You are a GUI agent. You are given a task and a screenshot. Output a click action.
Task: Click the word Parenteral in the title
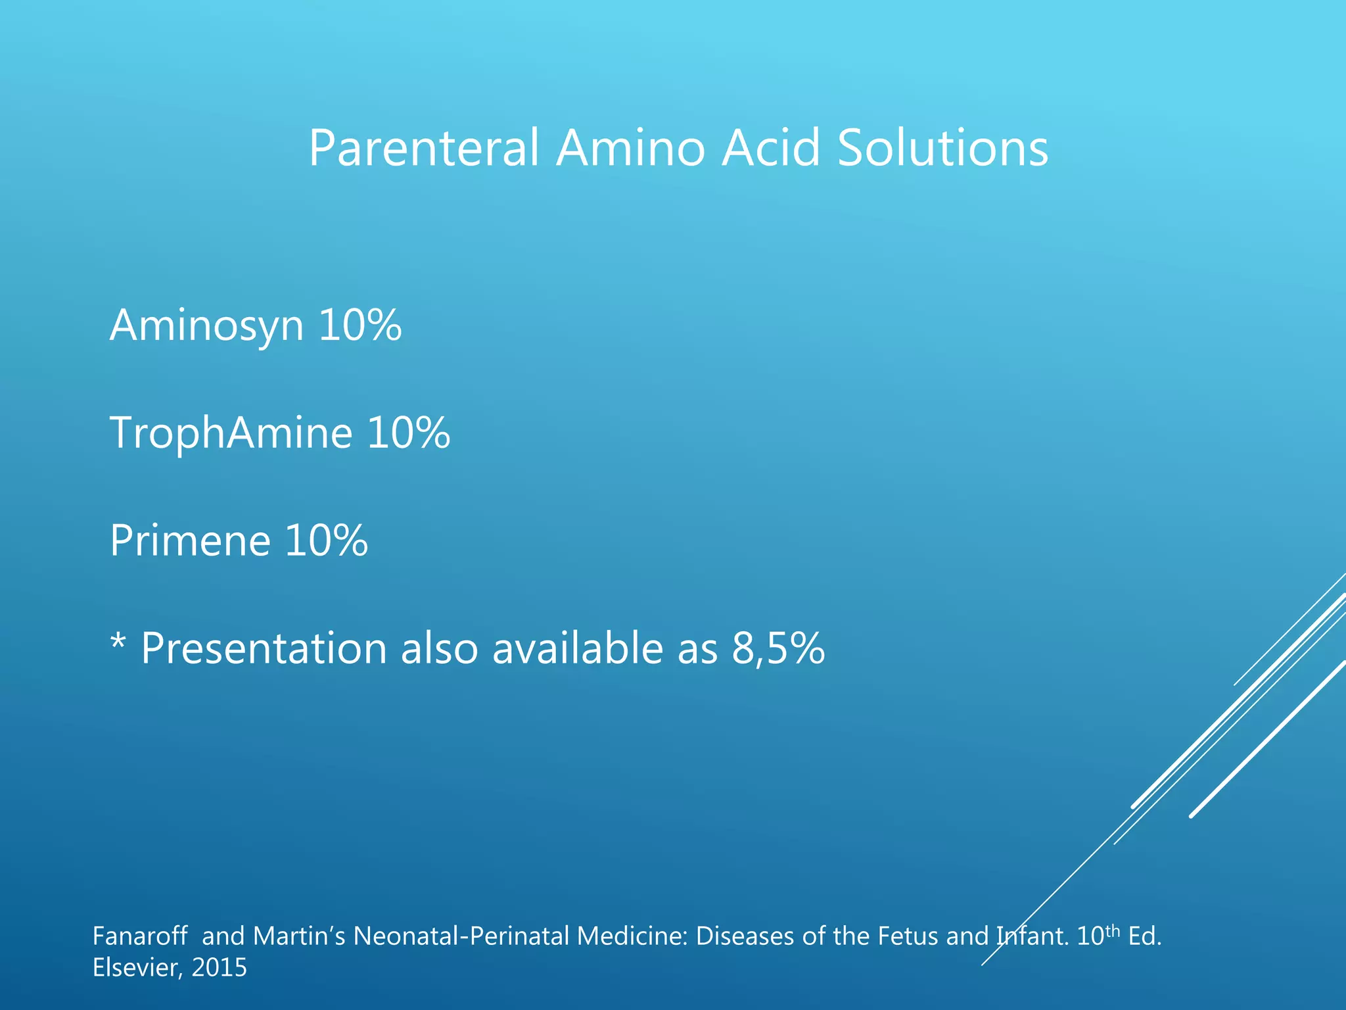click(424, 149)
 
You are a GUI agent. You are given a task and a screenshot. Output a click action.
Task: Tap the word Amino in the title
click(630, 149)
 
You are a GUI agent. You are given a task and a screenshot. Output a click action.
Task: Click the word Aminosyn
click(206, 326)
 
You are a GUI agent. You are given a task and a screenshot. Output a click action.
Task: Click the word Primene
click(190, 541)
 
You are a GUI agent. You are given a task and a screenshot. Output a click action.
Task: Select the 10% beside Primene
click(326, 541)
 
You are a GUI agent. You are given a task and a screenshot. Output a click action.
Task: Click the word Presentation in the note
click(263, 648)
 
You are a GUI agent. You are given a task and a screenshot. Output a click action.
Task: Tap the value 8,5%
click(778, 648)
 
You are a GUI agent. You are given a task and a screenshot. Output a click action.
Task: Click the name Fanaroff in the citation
click(140, 936)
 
